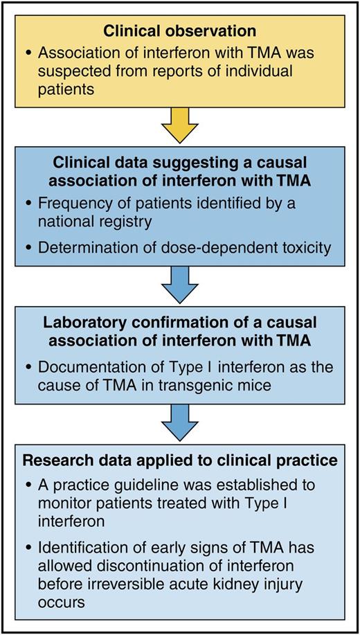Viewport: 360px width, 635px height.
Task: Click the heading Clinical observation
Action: pos(179,32)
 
